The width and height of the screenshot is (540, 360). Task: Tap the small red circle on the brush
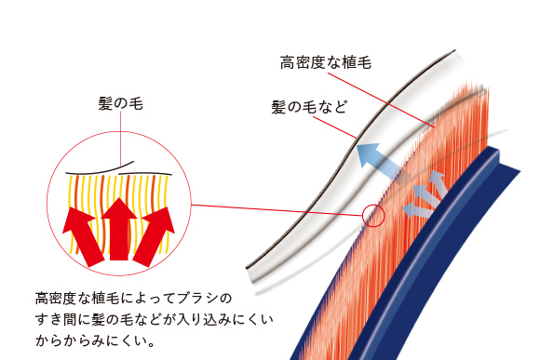(x=373, y=217)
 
